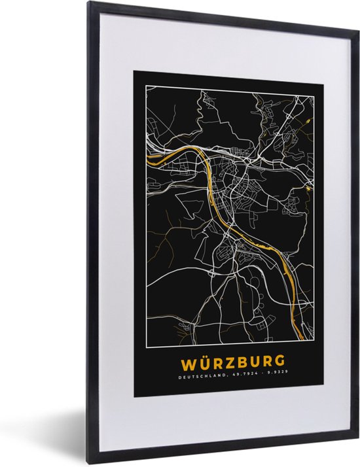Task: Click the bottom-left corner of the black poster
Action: pyautogui.click(x=134, y=396)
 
